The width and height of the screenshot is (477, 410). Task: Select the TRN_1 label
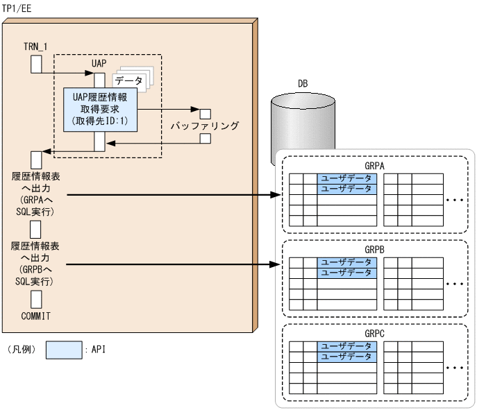(x=37, y=47)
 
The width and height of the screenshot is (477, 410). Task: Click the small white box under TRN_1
(x=37, y=64)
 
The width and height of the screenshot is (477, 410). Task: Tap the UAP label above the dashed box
(x=99, y=63)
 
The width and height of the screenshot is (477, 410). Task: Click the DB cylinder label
(x=303, y=83)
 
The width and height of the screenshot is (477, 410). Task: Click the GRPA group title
(x=374, y=166)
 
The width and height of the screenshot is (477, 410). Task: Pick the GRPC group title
(x=374, y=334)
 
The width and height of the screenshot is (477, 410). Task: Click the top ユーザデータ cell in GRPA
(x=347, y=178)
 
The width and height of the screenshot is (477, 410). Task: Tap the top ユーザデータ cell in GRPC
(x=347, y=345)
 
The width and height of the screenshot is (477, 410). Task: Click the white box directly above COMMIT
(x=37, y=299)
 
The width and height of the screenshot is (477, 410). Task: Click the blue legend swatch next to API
(x=64, y=350)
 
